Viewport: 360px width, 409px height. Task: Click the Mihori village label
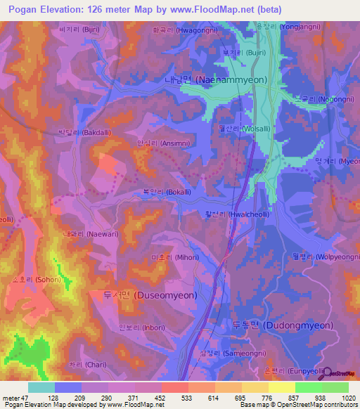pyautogui.click(x=169, y=258)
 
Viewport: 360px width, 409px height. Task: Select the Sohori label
pyautogui.click(x=39, y=279)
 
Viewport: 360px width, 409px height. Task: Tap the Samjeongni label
pyautogui.click(x=221, y=353)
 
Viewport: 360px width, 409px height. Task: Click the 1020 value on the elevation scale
pyautogui.click(x=347, y=398)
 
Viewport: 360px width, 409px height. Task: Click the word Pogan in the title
pyautogui.click(x=25, y=9)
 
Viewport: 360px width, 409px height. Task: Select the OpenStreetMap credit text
pyautogui.click(x=329, y=405)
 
